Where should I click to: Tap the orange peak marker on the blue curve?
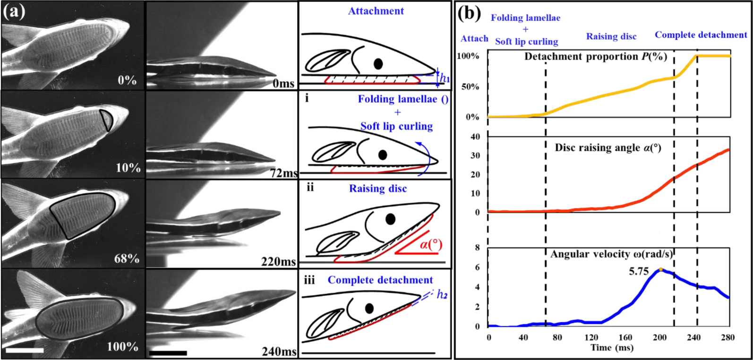660,269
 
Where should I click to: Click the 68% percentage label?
127,259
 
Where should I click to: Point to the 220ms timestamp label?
279,261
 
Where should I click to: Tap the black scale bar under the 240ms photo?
168,352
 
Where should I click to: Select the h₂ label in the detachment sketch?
442,295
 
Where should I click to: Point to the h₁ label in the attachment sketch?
445,78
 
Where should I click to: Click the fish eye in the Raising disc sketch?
390,219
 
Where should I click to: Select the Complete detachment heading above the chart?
701,35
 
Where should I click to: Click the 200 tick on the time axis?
660,337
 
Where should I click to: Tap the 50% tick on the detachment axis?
470,87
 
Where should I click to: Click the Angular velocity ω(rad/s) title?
611,255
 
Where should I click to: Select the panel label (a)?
14,12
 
